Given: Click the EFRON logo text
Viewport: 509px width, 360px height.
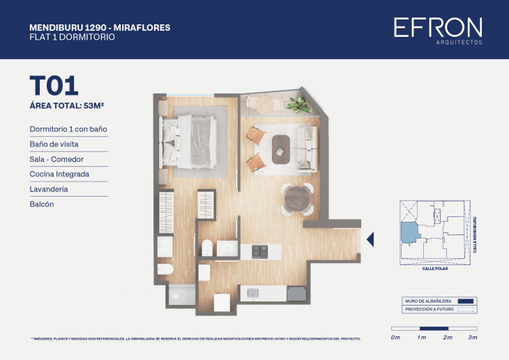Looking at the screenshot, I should click(437, 28).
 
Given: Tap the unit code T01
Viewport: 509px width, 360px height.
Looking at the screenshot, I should click(53, 85).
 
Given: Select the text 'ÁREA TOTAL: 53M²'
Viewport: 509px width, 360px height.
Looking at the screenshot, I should click(71, 106).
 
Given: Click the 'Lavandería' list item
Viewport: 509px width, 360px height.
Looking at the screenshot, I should click(48, 189).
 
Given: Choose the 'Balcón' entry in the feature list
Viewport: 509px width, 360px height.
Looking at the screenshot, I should click(42, 204).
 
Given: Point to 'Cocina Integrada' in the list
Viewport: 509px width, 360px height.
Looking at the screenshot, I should click(59, 174).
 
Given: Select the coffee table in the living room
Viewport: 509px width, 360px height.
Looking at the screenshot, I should click(281, 148).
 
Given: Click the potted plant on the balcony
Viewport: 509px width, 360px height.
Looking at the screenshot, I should click(300, 105).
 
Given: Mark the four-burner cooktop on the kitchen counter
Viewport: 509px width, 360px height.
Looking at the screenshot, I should click(259, 250).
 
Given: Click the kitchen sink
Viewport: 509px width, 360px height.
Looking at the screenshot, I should click(252, 292).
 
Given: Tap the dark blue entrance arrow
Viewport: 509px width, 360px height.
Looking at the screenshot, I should click(370, 239).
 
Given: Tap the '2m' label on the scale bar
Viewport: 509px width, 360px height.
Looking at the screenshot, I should click(448, 338).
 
